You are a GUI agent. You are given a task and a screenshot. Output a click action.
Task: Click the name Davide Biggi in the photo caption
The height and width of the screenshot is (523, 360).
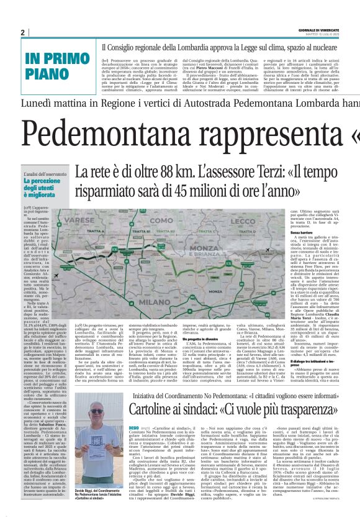pos(88,491)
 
